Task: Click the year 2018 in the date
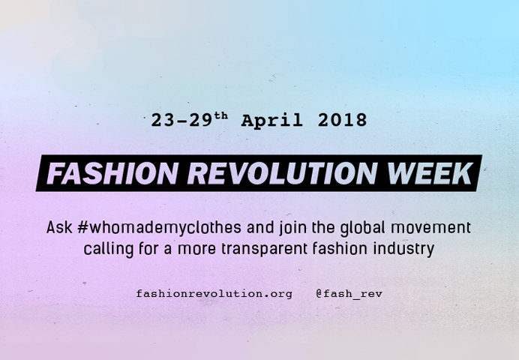point(342,120)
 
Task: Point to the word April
point(271,120)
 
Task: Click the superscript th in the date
point(221,115)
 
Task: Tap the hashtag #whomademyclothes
point(159,228)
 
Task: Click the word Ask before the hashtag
point(59,227)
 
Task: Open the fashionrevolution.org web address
point(214,294)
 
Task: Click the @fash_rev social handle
point(349,294)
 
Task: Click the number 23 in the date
point(163,120)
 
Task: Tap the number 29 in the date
point(200,120)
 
